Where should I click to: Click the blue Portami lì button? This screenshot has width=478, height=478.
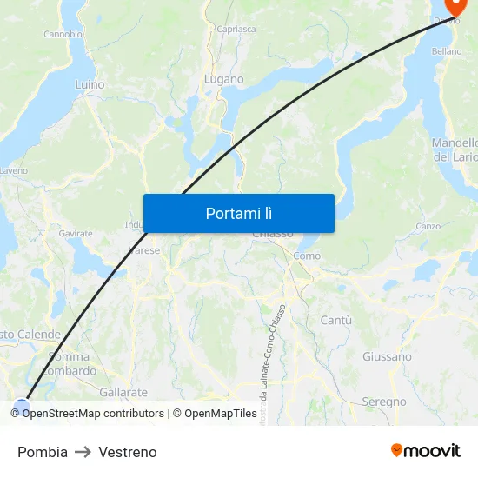click(239, 213)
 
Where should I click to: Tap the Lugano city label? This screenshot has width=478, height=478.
click(224, 79)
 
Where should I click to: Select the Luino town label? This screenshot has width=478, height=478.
click(90, 85)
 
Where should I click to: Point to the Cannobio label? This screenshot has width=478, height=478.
click(63, 35)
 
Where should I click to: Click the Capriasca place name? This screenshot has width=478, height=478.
click(236, 29)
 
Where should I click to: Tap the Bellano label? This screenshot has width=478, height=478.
click(446, 51)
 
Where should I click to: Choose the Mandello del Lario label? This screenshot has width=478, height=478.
click(455, 149)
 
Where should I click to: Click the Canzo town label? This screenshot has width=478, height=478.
click(428, 226)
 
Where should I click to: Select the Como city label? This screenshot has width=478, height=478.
click(307, 256)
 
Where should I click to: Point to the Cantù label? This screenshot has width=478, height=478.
click(336, 321)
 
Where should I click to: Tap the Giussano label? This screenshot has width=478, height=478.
click(387, 356)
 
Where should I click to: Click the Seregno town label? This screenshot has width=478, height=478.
click(383, 402)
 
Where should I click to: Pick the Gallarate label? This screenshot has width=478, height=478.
click(123, 393)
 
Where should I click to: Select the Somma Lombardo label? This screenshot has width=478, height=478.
click(70, 363)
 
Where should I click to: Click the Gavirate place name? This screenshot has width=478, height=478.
click(76, 234)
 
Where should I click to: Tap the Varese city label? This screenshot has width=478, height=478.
click(144, 250)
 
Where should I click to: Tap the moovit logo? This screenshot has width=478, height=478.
click(426, 450)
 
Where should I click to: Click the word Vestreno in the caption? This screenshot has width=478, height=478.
click(128, 452)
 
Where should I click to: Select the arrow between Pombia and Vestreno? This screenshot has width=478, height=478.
click(83, 452)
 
